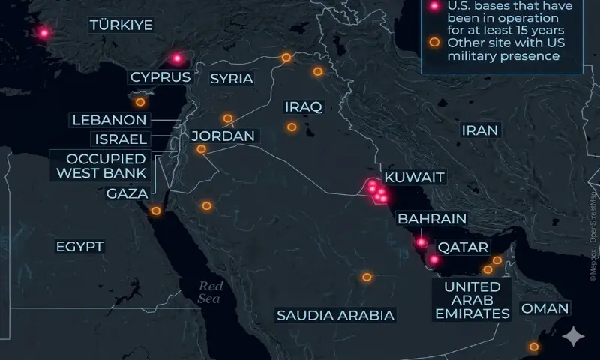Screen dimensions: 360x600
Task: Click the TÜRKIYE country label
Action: [x=121, y=25]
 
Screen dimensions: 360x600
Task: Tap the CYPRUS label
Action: [x=160, y=76]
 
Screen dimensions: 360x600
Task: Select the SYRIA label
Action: [x=232, y=79]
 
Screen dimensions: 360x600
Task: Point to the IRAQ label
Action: [x=304, y=107]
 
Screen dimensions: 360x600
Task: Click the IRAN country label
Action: [x=480, y=130]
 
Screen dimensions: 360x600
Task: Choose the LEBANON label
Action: [x=109, y=120]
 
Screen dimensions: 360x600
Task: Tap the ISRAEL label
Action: [x=120, y=139]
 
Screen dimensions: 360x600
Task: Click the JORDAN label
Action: [x=223, y=136]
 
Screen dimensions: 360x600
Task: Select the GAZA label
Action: [x=127, y=193]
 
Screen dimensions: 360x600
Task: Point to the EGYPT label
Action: [x=79, y=246]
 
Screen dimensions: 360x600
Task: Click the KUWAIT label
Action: [x=415, y=178]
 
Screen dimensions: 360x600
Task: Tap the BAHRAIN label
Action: [x=432, y=219]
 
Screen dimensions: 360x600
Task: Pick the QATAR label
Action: [x=463, y=247]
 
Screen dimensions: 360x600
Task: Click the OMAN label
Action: [x=545, y=308]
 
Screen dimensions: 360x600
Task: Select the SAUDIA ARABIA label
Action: [x=335, y=315]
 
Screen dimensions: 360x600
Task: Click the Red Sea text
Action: [x=211, y=292]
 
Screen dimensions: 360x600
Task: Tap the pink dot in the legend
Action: [x=433, y=7]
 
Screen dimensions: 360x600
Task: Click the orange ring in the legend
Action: [x=433, y=43]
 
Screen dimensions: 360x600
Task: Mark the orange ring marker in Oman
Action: [x=534, y=346]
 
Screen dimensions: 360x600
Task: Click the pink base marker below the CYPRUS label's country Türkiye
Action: [x=177, y=58]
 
